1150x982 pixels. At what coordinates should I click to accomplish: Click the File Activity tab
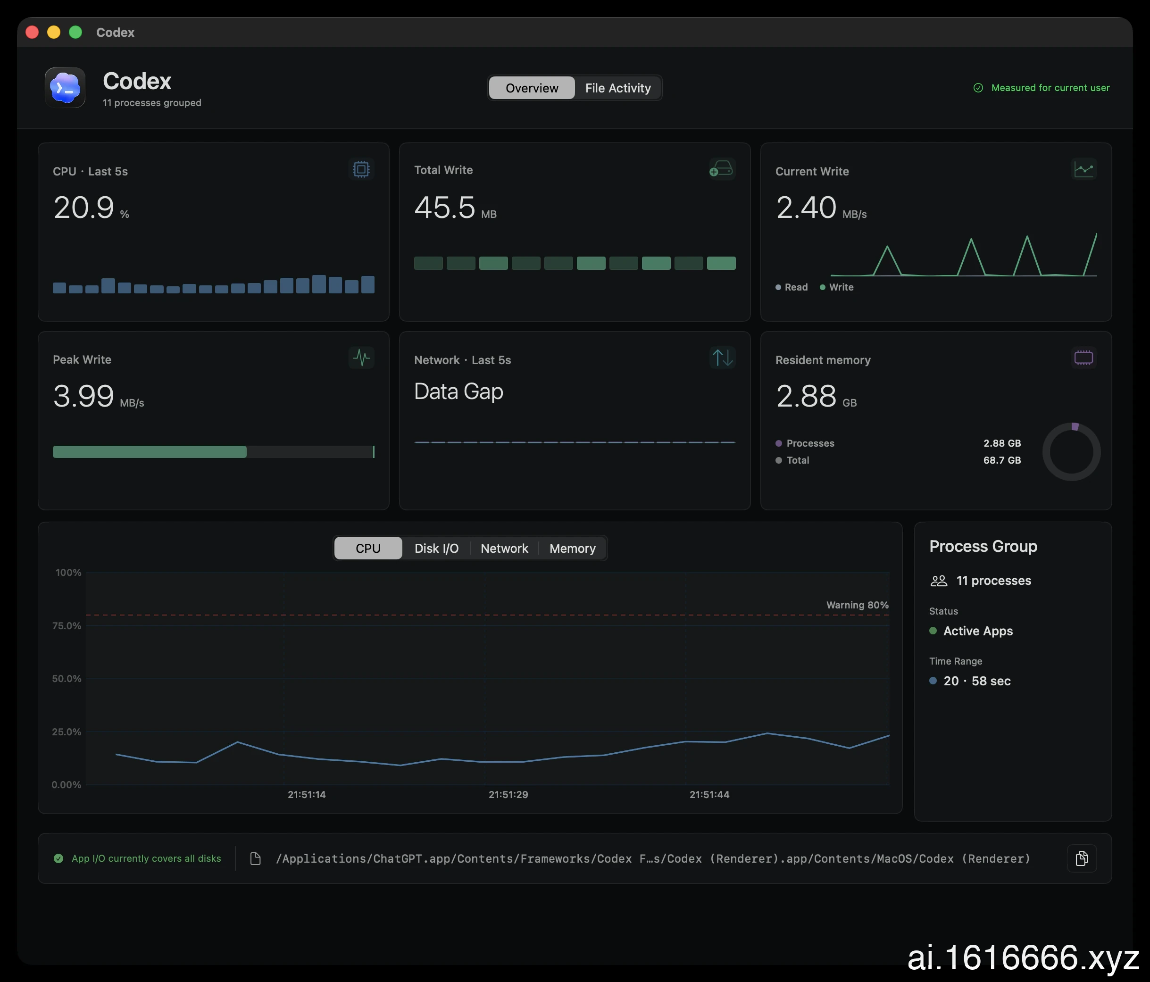click(618, 88)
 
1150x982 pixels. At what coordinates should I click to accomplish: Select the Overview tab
click(532, 88)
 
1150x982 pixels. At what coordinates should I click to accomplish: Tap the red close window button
click(32, 32)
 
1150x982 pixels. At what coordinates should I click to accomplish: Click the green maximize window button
click(75, 32)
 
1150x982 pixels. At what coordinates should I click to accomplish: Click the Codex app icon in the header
click(65, 88)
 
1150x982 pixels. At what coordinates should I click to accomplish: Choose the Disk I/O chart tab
click(436, 549)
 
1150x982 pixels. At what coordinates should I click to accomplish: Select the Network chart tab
click(504, 549)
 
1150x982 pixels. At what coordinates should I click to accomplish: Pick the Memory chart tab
click(572, 549)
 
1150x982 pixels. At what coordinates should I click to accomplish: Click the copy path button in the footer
click(1082, 858)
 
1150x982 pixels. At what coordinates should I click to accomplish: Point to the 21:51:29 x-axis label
click(508, 794)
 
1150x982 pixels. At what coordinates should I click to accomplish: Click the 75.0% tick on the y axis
click(67, 625)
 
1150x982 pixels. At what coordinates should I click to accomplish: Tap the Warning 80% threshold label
click(857, 605)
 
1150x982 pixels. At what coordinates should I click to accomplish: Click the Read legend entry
click(792, 287)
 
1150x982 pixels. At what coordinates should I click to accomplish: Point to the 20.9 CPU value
click(84, 208)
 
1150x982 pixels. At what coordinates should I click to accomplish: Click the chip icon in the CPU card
click(361, 169)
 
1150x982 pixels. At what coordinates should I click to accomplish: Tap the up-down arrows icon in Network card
click(722, 358)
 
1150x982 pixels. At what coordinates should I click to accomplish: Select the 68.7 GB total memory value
click(1002, 460)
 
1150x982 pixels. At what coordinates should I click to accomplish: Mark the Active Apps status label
click(978, 631)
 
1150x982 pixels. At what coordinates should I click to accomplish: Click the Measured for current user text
click(1050, 88)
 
